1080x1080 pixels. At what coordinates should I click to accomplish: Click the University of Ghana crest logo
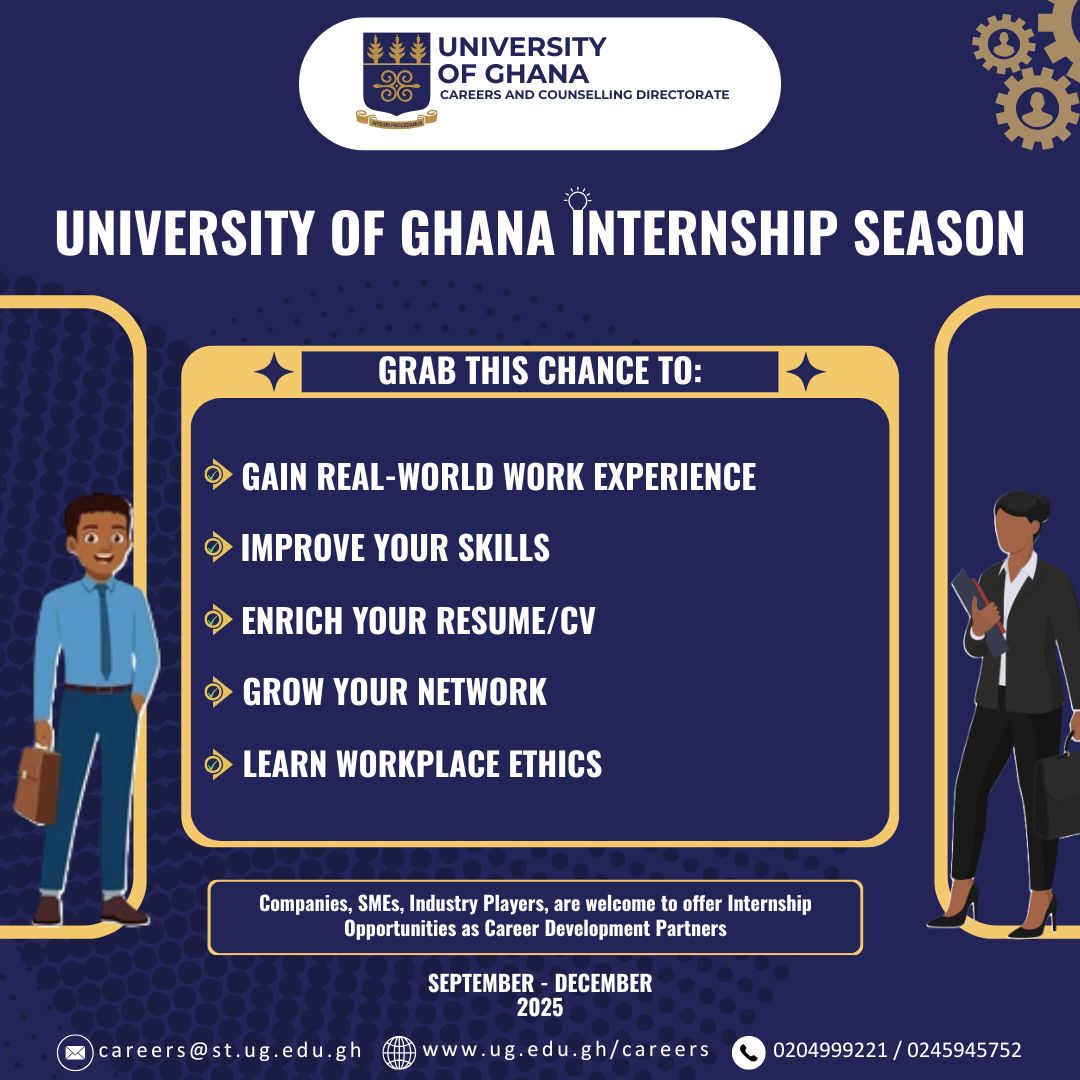click(396, 79)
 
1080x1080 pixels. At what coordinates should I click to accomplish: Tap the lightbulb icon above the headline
click(577, 198)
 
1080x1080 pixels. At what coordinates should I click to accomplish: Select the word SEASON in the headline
click(939, 232)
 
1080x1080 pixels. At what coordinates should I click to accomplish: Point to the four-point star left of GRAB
click(273, 372)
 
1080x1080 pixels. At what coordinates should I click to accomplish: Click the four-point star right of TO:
click(805, 372)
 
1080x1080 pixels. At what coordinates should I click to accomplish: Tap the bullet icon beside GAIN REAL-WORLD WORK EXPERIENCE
click(218, 475)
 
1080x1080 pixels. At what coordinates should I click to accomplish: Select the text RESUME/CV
click(515, 621)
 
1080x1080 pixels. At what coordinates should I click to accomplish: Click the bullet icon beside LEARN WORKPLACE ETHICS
click(218, 764)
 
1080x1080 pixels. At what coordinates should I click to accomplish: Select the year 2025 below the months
click(540, 1008)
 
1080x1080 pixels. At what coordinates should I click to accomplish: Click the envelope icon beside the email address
click(74, 1052)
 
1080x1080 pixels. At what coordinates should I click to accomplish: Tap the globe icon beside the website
click(399, 1052)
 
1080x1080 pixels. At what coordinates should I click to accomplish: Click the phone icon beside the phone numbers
click(748, 1052)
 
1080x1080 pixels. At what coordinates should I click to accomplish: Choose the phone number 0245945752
click(964, 1050)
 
